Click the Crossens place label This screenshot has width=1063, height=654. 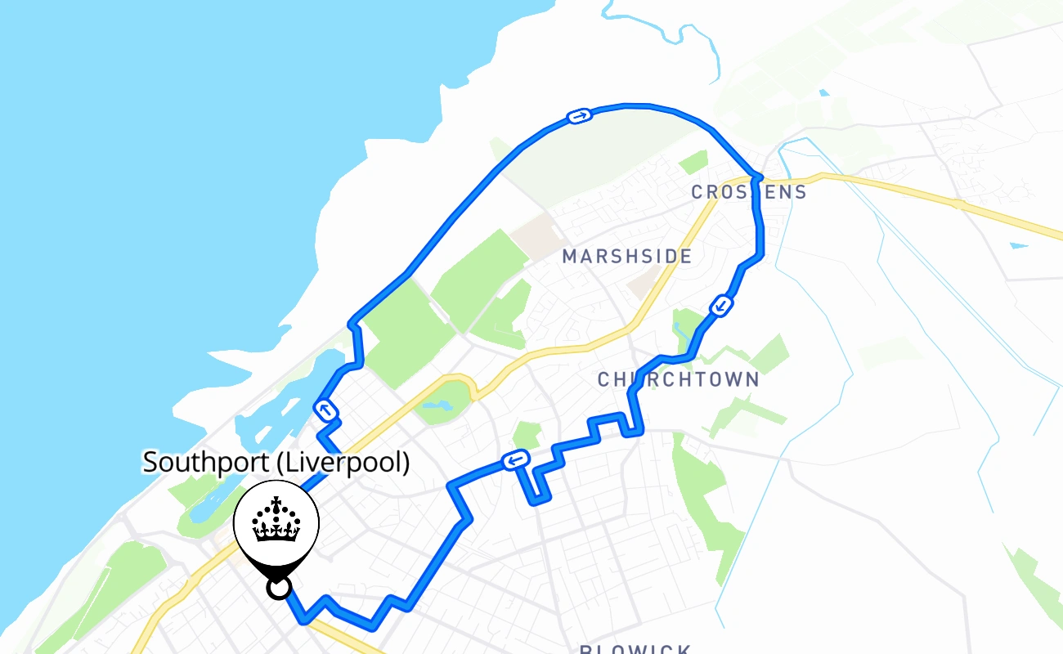[749, 192]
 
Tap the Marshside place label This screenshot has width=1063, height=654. [627, 257]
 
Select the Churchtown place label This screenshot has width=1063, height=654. [679, 380]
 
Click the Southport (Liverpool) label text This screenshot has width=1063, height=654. [276, 463]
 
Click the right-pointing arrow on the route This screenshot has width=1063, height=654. [579, 117]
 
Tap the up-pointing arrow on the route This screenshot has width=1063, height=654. [326, 410]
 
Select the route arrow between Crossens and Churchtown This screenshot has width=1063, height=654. [721, 307]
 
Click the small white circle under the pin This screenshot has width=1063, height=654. [279, 588]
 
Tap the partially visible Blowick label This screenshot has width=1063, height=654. [635, 649]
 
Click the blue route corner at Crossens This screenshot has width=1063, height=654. [756, 176]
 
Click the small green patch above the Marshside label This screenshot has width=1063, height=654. [693, 162]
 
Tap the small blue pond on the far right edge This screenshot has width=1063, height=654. [1019, 244]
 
